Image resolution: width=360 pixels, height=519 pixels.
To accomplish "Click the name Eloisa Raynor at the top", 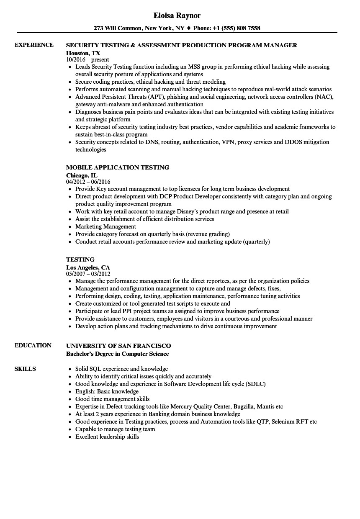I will tap(177, 15).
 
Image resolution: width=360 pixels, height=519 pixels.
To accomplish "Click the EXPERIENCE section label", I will tap(34, 45).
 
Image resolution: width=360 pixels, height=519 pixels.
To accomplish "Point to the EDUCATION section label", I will tap(33, 345).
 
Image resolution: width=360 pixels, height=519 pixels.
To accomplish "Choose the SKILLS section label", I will tap(25, 369).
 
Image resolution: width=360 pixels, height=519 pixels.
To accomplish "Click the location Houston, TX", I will tap(83, 53).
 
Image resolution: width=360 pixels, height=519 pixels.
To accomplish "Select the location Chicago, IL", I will tap(82, 175).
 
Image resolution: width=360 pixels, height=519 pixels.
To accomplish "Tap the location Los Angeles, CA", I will tap(88, 267).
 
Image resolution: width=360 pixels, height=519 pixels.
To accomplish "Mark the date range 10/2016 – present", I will tap(87, 60).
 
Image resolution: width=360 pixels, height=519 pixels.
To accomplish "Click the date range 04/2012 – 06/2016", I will tap(88, 182).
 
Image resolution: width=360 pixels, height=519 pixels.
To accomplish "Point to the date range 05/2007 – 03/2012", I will tap(88, 274).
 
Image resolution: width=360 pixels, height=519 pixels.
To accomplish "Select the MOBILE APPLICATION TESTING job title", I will tap(118, 167).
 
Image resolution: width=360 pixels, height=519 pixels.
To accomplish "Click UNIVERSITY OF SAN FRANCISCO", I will tap(118, 346).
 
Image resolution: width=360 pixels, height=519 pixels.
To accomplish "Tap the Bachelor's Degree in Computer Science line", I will tap(118, 354).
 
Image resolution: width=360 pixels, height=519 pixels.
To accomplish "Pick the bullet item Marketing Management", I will tap(105, 226).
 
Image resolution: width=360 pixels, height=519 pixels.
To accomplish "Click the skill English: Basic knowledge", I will tap(107, 391).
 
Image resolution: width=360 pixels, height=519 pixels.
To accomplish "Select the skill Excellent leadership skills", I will tap(107, 437).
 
